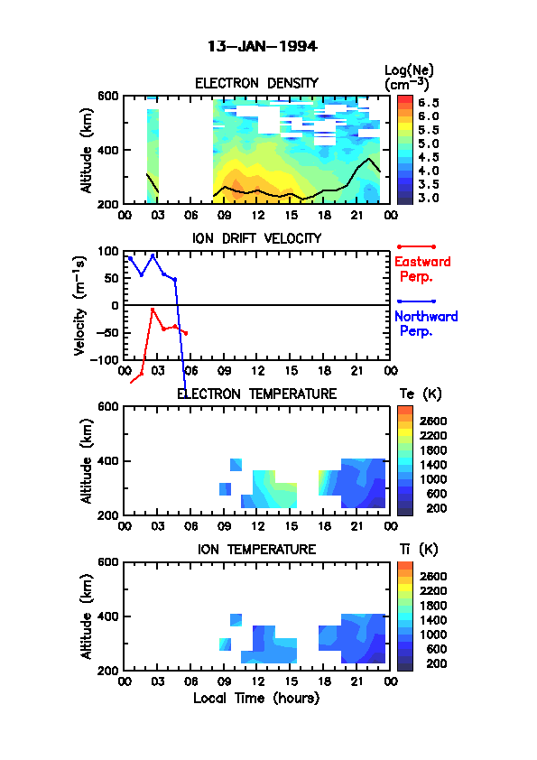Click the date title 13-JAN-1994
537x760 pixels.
(x=263, y=46)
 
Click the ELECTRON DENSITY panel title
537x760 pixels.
(x=256, y=83)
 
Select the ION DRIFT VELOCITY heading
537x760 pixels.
(x=257, y=238)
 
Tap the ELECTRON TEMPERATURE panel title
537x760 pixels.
(x=257, y=394)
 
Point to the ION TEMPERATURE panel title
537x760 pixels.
(x=257, y=549)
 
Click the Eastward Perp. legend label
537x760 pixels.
(x=422, y=269)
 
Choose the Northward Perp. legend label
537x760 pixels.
(x=426, y=324)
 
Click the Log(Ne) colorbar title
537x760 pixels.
(x=409, y=78)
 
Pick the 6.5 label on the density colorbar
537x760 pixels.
(x=429, y=102)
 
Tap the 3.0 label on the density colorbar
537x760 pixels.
(x=429, y=198)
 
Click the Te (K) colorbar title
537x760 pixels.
(x=421, y=394)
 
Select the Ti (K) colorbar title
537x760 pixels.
(x=419, y=549)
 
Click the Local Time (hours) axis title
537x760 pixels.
(x=256, y=698)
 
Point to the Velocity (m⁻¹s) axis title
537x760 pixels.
(x=80, y=306)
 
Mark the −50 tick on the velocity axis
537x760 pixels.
(x=107, y=332)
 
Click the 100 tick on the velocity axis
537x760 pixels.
(x=108, y=251)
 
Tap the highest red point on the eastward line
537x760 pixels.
(x=153, y=310)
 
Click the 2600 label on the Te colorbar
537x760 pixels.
(x=433, y=421)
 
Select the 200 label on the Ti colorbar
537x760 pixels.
(x=437, y=663)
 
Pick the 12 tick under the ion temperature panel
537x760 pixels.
(x=258, y=681)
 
